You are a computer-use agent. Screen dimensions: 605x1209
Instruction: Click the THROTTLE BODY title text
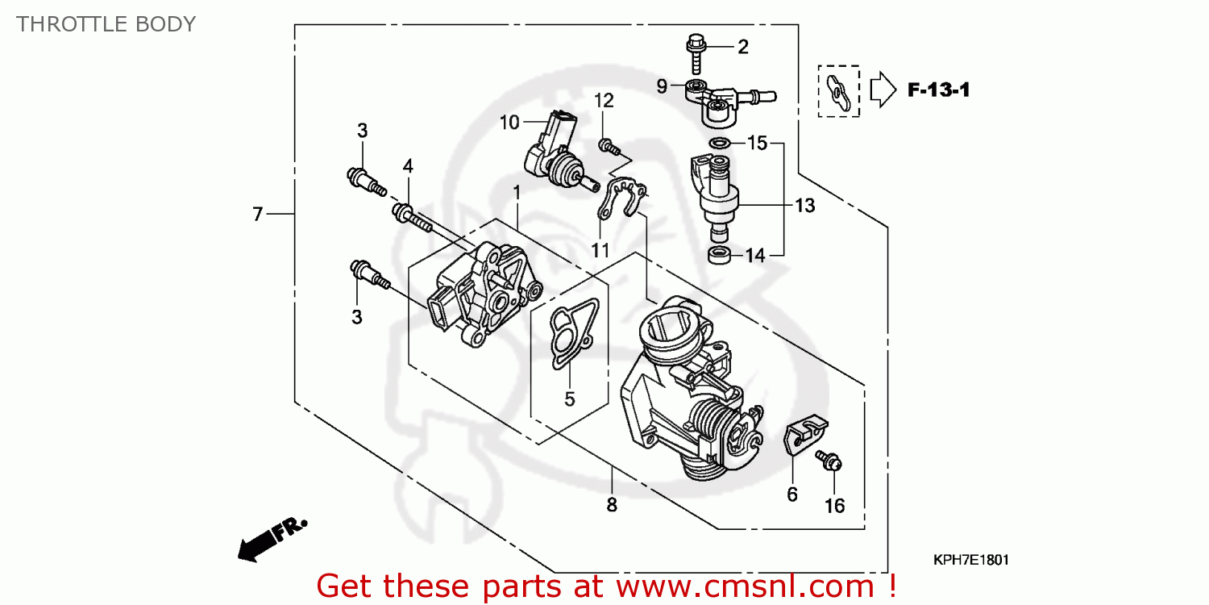point(106,24)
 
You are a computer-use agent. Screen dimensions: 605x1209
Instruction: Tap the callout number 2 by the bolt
point(742,47)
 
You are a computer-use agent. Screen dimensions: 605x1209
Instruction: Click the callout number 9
point(662,86)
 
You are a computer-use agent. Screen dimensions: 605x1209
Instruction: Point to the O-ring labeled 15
point(720,144)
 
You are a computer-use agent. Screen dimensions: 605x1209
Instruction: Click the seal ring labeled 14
point(720,256)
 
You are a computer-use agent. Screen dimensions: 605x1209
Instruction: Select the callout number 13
point(804,206)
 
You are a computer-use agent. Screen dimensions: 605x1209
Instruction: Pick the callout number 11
point(600,251)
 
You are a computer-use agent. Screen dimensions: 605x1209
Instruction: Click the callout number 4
point(408,166)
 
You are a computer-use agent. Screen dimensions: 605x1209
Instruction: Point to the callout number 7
point(257,214)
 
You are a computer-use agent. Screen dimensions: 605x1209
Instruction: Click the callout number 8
point(612,505)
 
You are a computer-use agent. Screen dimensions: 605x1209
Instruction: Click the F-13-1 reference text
point(938,90)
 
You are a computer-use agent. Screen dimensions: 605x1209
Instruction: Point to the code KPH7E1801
point(970,560)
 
